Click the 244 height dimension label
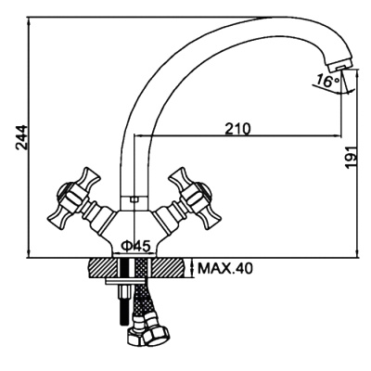click(22, 137)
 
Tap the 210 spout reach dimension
click(237, 129)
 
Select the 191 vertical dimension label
click(351, 157)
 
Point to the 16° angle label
click(327, 82)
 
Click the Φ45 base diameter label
click(136, 246)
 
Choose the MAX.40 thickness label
click(225, 268)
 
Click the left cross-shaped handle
click(73, 198)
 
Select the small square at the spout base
click(134, 199)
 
